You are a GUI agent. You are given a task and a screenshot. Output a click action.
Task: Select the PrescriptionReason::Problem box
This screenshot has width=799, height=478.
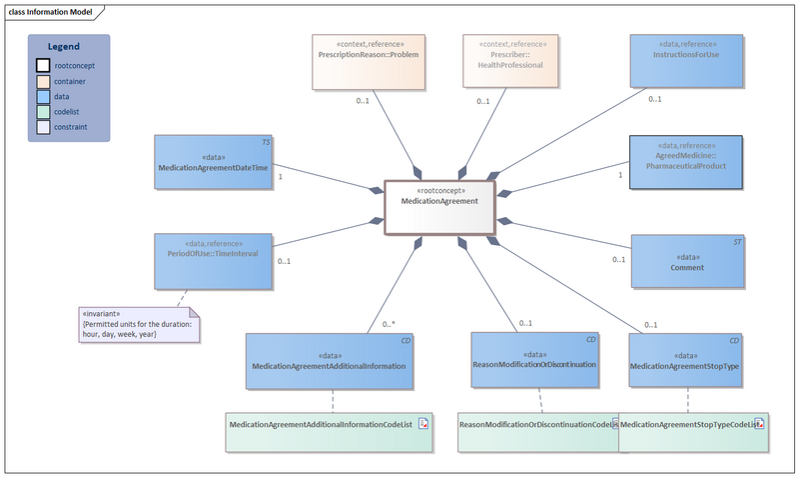(x=369, y=61)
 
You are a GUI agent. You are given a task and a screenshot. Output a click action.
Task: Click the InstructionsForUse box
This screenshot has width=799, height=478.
(x=687, y=61)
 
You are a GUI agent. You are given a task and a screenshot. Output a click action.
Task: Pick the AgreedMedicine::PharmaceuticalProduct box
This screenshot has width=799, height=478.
(x=685, y=162)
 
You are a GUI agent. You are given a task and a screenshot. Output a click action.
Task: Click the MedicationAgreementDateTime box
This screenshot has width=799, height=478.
(x=213, y=162)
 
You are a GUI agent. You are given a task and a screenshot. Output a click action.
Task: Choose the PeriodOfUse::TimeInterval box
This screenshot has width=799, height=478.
(x=213, y=261)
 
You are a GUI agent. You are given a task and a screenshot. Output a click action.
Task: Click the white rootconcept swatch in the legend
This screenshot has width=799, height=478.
(x=43, y=66)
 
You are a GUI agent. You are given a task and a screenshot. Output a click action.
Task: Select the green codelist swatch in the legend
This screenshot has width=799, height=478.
(x=43, y=111)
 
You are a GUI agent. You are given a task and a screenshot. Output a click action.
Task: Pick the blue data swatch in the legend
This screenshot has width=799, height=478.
(x=43, y=96)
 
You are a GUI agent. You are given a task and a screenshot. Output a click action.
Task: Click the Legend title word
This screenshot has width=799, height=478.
(x=64, y=47)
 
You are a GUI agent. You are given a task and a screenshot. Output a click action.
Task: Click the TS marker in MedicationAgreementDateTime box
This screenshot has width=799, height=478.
(x=265, y=142)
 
